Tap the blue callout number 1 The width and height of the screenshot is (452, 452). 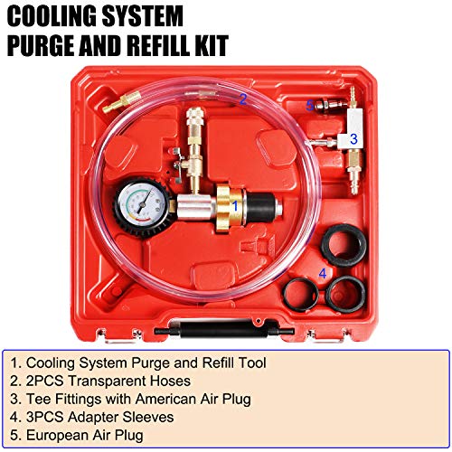coord(236,206)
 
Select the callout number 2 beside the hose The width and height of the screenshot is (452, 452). coord(242,99)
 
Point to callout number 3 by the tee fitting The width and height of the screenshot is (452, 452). coord(353,139)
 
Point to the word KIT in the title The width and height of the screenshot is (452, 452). coord(206,44)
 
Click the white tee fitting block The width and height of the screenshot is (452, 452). coord(334,139)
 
